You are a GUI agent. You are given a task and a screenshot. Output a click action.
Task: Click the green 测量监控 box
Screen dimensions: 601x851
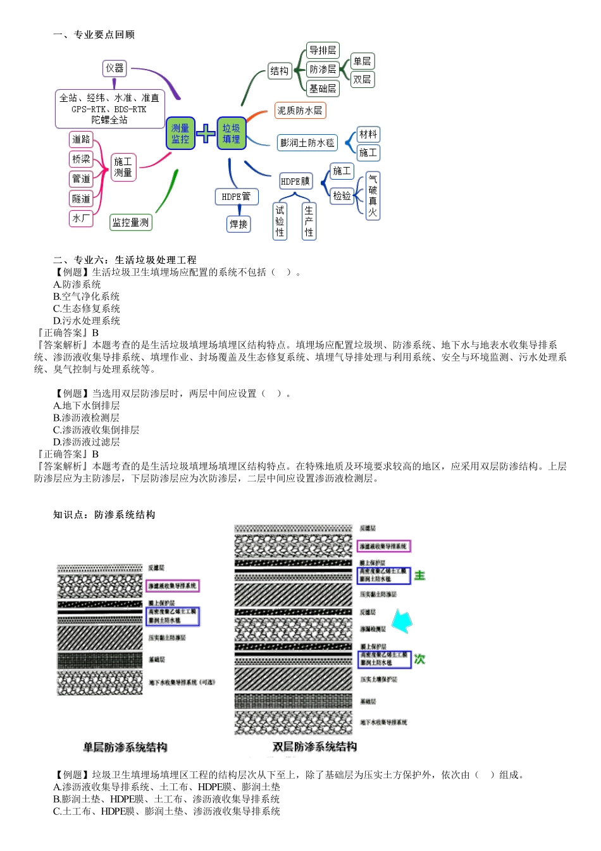pyautogui.click(x=180, y=134)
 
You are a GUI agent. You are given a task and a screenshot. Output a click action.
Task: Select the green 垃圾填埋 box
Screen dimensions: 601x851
pyautogui.click(x=231, y=134)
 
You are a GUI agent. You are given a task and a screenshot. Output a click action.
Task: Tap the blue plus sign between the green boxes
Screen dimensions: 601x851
pyautogui.click(x=206, y=134)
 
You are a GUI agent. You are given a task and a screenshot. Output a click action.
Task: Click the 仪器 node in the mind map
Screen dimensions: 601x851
pyautogui.click(x=115, y=68)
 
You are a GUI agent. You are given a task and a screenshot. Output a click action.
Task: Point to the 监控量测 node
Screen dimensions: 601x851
pyautogui.click(x=130, y=222)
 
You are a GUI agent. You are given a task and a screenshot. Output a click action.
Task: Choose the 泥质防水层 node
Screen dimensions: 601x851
pyautogui.click(x=300, y=111)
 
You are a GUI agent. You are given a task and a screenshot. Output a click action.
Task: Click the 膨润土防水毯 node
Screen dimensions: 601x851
pyautogui.click(x=307, y=143)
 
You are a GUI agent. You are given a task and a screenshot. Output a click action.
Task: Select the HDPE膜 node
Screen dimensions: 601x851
pyautogui.click(x=295, y=182)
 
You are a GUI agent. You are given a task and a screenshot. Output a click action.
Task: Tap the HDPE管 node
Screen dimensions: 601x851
pyautogui.click(x=236, y=197)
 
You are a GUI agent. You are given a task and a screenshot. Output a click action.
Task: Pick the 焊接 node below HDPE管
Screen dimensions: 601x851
pyautogui.click(x=239, y=224)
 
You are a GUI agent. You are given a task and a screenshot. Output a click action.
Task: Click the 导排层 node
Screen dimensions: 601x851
pyautogui.click(x=323, y=51)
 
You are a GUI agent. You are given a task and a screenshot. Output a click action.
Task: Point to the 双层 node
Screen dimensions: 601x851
pyautogui.click(x=362, y=80)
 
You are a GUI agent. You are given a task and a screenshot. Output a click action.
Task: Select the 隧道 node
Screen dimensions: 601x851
pyautogui.click(x=81, y=199)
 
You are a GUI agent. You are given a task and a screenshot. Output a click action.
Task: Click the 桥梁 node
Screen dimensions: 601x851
pyautogui.click(x=81, y=159)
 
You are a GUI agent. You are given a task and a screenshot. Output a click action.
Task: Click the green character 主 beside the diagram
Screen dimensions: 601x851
pyautogui.click(x=419, y=576)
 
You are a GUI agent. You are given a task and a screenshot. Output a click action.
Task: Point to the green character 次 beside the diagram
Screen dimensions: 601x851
pyautogui.click(x=419, y=659)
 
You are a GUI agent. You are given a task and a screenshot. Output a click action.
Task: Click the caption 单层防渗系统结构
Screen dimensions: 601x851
pyautogui.click(x=125, y=747)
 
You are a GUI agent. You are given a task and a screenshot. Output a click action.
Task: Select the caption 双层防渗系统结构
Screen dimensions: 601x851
pyautogui.click(x=314, y=747)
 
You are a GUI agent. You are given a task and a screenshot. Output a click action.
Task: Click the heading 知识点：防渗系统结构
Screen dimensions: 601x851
pyautogui.click(x=104, y=515)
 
